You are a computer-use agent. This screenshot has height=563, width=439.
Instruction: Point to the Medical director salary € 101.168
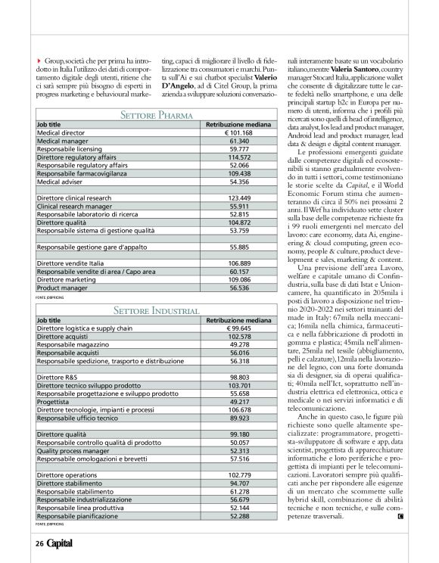[x=238, y=132]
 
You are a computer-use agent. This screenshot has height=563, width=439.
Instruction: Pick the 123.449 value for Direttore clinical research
[x=238, y=198]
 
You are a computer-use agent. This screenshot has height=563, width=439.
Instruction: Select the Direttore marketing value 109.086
[x=238, y=279]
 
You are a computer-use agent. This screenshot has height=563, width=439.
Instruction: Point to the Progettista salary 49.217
[x=238, y=402]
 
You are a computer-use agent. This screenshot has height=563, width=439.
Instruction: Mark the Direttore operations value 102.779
[x=238, y=474]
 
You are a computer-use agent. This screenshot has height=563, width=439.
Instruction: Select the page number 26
[x=39, y=543]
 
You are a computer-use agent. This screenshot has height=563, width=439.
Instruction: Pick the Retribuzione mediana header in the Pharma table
[x=238, y=124]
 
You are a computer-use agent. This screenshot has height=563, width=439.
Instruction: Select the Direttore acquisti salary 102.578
[x=238, y=337]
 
